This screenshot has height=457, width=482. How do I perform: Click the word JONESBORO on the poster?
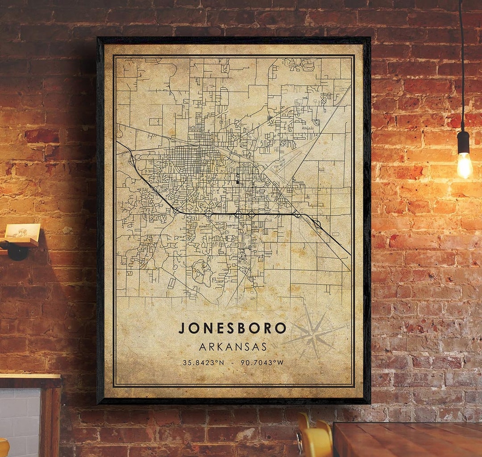233,328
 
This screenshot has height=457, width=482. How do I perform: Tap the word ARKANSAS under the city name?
233,346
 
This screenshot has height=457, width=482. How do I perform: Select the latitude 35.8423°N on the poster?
203,362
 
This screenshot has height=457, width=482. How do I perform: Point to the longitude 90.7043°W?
262,362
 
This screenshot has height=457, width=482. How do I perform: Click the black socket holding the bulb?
463,142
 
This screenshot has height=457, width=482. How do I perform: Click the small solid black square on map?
237,181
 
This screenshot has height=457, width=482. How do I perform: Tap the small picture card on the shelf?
22,231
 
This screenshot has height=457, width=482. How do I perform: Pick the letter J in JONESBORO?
182,329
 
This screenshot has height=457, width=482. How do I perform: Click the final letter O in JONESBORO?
281,329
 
